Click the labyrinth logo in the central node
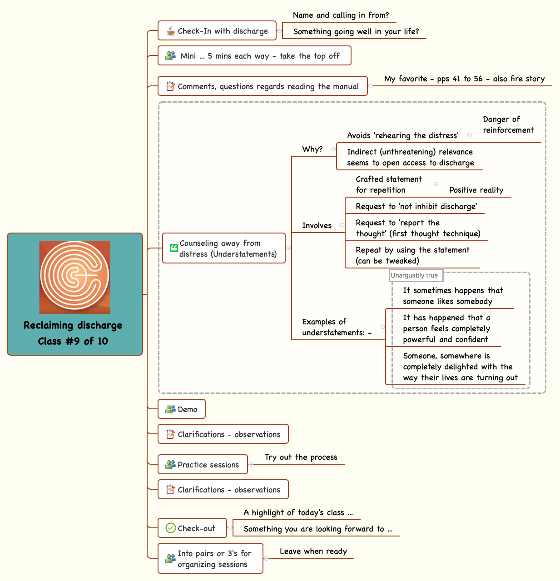pos(75,277)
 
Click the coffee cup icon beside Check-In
pos(170,31)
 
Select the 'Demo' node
pos(182,409)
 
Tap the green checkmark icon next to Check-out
pos(170,528)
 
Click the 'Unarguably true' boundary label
pos(415,275)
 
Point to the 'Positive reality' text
pos(476,190)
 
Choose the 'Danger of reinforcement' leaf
pos(508,124)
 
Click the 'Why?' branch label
pos(312,149)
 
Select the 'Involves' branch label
pos(317,225)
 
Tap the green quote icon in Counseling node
pos(173,248)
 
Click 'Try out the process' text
pos(301,457)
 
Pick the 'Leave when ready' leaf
pos(313,551)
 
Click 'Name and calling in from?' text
pos(341,15)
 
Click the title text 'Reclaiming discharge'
pos(73,325)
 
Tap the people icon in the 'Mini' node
pos(170,56)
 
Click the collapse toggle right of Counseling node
pos(288,248)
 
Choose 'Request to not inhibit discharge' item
pos(416,206)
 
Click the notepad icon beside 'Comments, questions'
pos(170,86)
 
